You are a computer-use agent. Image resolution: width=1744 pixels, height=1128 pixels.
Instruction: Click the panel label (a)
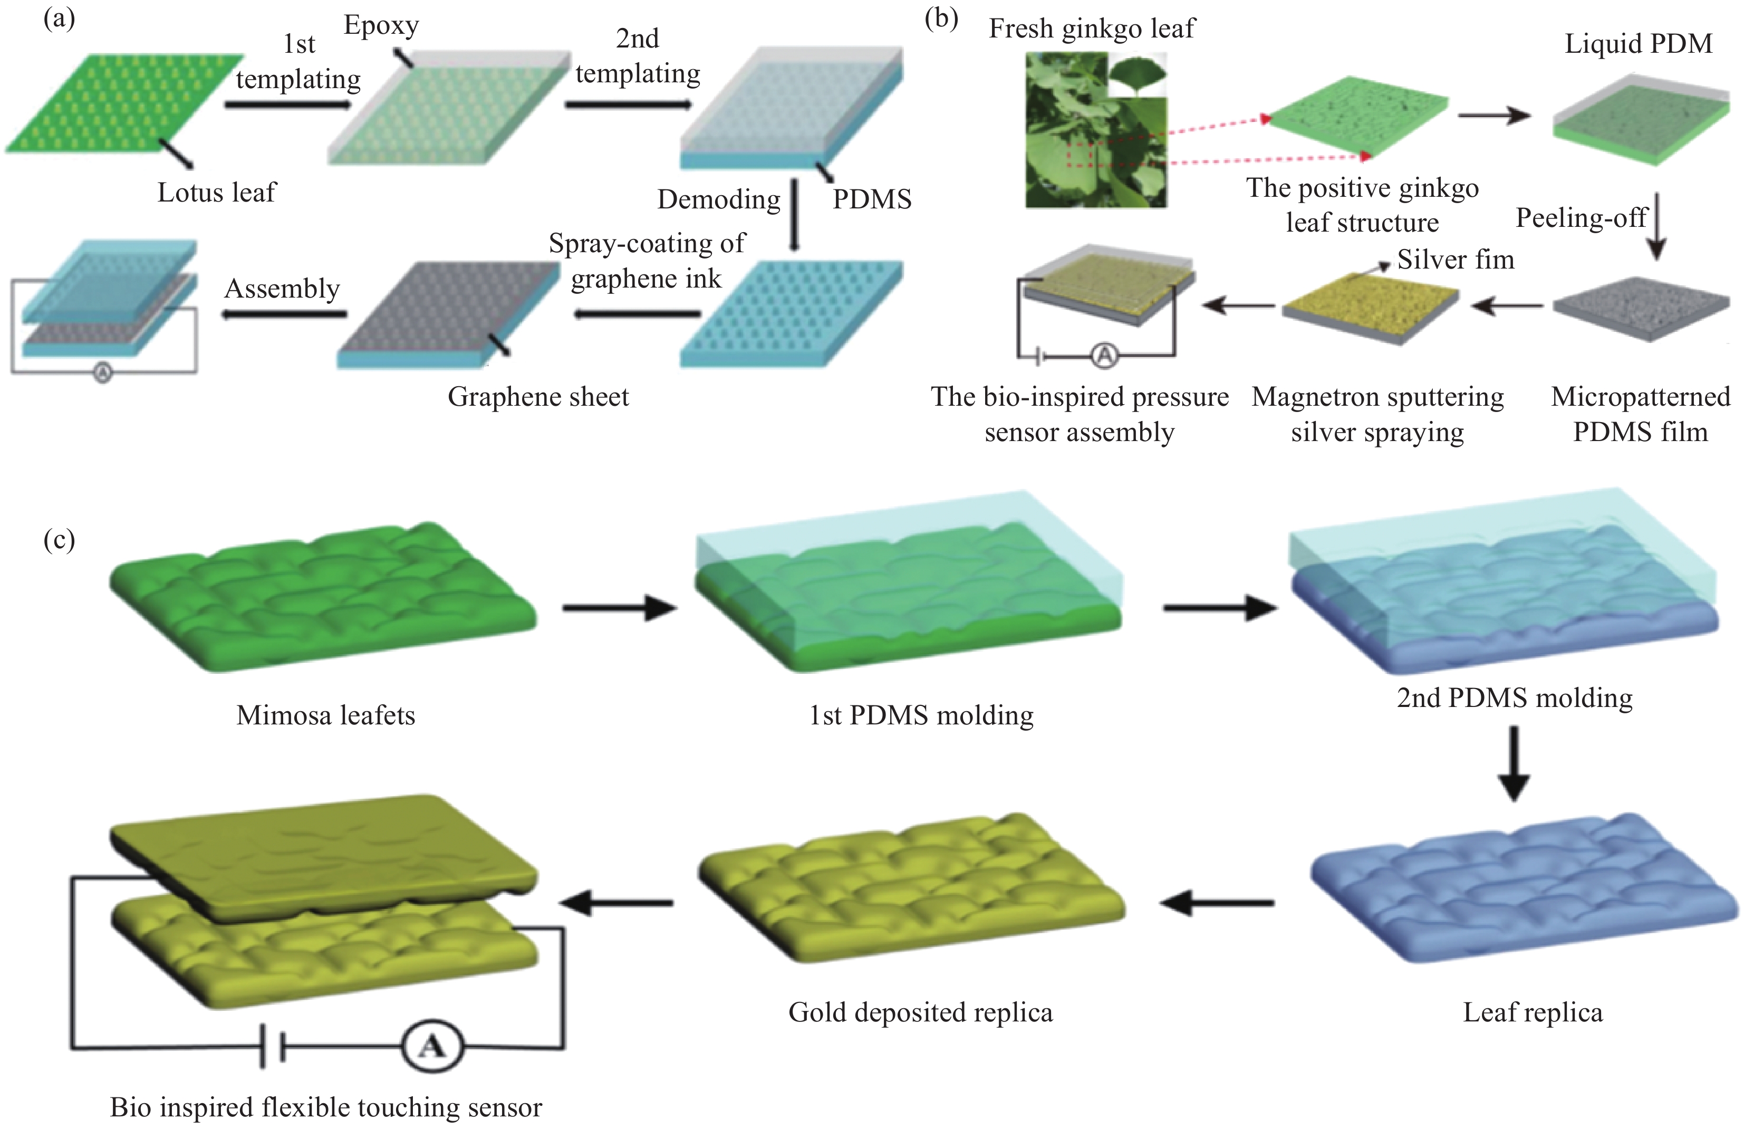tap(59, 19)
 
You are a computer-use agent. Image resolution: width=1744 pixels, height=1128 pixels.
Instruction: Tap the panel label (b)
tap(941, 19)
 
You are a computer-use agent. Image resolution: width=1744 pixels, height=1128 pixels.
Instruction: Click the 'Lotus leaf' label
tap(217, 193)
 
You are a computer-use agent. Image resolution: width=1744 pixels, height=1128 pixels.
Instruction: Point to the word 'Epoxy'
tap(381, 26)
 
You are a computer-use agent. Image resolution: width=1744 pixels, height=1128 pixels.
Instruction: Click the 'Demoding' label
tap(718, 199)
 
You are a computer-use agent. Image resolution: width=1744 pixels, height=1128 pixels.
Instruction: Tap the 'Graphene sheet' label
tap(538, 396)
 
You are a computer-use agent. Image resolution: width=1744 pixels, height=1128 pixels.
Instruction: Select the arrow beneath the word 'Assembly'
tap(284, 314)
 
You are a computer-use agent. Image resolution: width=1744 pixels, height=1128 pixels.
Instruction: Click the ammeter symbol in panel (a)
tap(102, 373)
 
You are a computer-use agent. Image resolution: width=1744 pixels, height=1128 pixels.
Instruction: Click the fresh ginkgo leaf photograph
tap(1095, 130)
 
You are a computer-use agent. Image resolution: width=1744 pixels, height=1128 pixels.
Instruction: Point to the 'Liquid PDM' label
tap(1639, 44)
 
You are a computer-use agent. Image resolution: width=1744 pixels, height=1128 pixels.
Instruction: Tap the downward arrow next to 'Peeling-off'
tap(1657, 227)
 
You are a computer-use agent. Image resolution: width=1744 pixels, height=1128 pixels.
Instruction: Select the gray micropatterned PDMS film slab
tap(1641, 308)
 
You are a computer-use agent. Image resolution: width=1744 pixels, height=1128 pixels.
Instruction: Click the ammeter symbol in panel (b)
tap(1104, 356)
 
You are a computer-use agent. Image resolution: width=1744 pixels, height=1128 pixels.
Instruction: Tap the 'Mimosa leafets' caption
tap(326, 715)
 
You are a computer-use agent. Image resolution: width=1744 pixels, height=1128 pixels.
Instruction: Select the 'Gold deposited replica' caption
tap(920, 1012)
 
